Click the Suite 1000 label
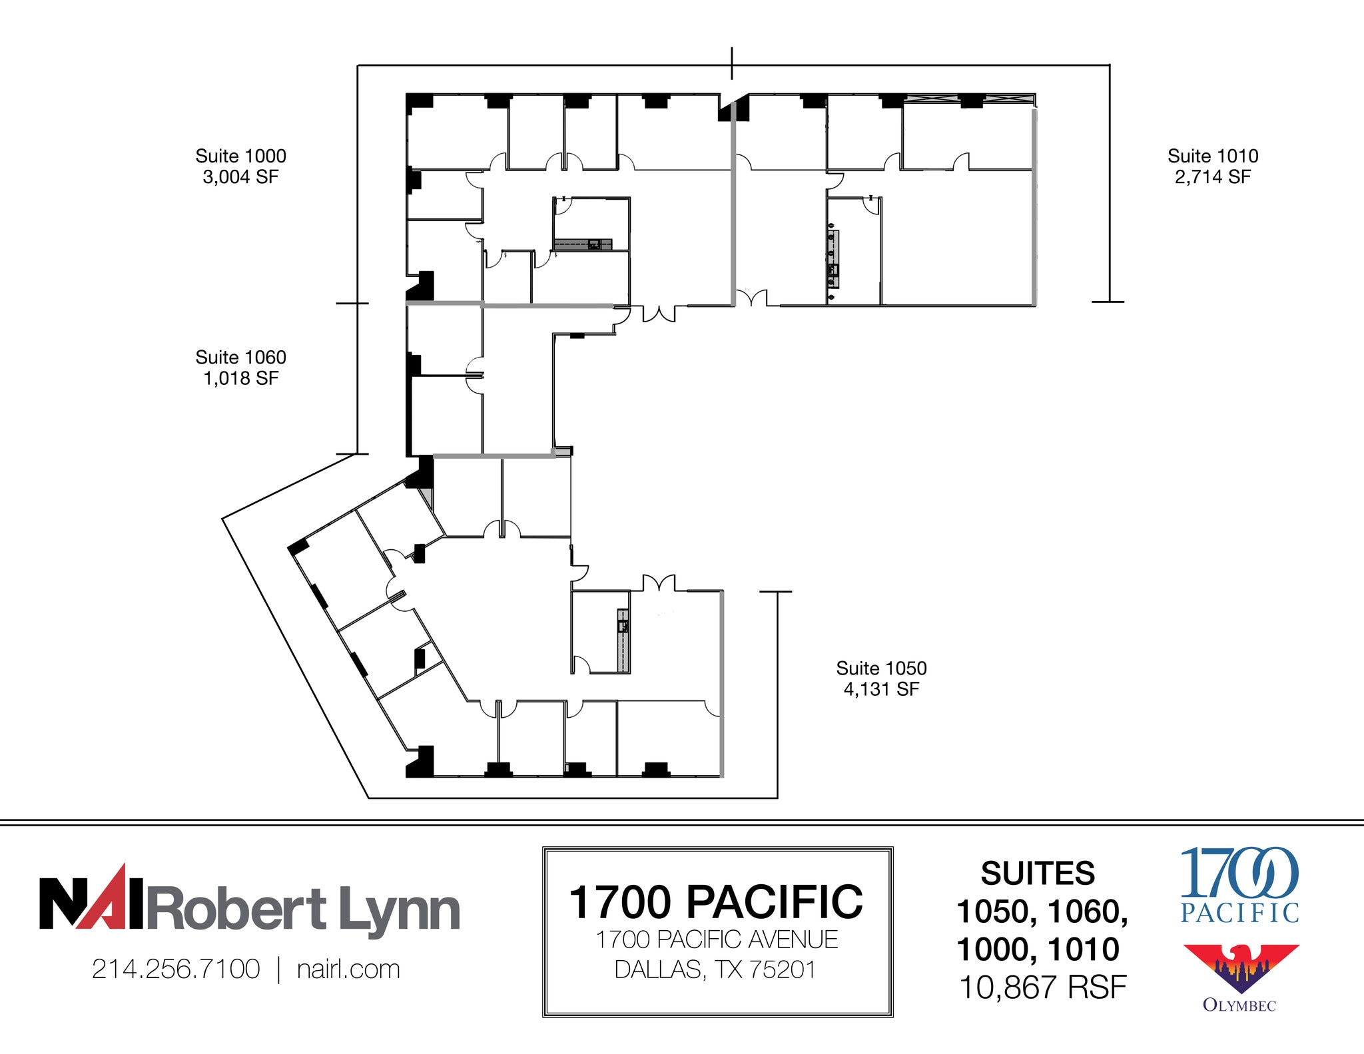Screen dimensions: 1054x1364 pos(240,156)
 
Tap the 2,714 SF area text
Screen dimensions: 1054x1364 pos(1212,177)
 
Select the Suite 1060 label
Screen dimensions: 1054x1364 pos(240,357)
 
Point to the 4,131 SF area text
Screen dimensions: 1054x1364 pos(880,689)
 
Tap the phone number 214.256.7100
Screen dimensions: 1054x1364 pos(176,969)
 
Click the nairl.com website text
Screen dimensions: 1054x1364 pos(348,969)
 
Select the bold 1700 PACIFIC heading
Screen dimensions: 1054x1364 pos(716,902)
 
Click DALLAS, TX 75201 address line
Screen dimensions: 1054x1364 pos(715,969)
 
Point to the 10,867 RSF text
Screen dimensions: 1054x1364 pos(1042,987)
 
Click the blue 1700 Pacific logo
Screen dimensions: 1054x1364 pos(1239,884)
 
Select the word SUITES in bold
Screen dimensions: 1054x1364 pos(1037,873)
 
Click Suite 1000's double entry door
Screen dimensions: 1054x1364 pos(659,314)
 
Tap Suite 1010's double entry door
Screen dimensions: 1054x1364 pos(751,298)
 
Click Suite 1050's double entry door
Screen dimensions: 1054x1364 pos(659,583)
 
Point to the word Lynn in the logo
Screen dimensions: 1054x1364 pos(400,909)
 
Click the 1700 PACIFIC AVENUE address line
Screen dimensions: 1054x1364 pos(717,939)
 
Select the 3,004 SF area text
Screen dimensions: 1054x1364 pos(240,177)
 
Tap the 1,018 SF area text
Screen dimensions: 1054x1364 pos(240,378)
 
